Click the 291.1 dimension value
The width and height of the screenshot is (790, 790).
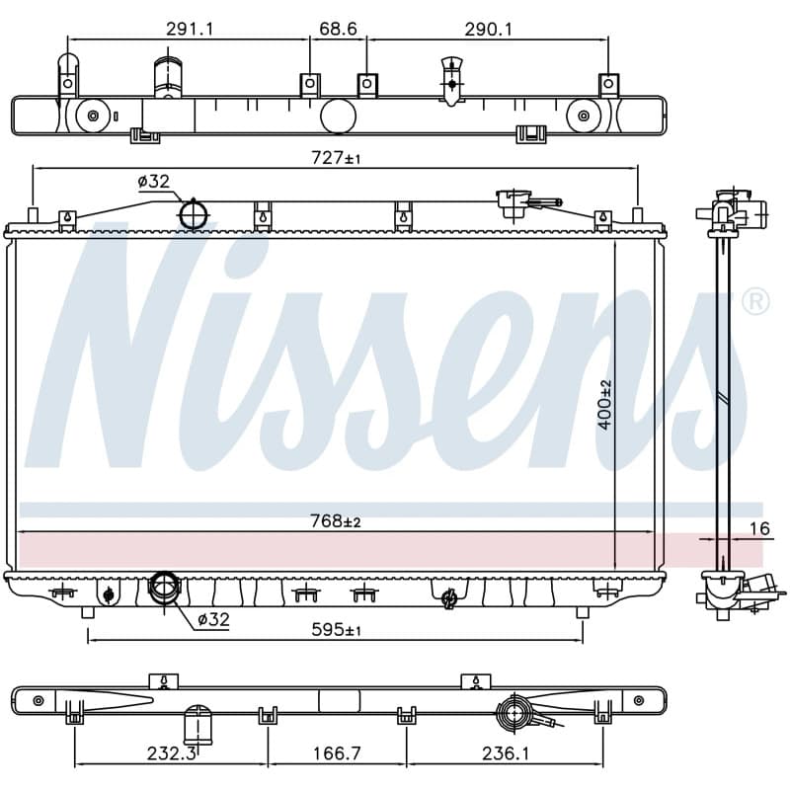[190, 30]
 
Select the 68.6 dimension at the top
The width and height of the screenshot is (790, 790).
[338, 29]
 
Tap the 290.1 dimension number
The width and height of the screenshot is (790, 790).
[488, 30]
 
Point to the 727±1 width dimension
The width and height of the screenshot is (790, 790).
[336, 158]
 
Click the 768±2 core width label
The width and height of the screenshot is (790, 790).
[336, 521]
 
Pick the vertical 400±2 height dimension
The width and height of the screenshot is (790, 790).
[605, 405]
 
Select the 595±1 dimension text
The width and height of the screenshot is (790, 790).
[336, 629]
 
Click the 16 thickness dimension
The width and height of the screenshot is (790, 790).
[759, 528]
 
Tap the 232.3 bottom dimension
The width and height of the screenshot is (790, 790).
[171, 753]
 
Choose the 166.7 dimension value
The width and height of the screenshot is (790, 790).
[337, 753]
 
